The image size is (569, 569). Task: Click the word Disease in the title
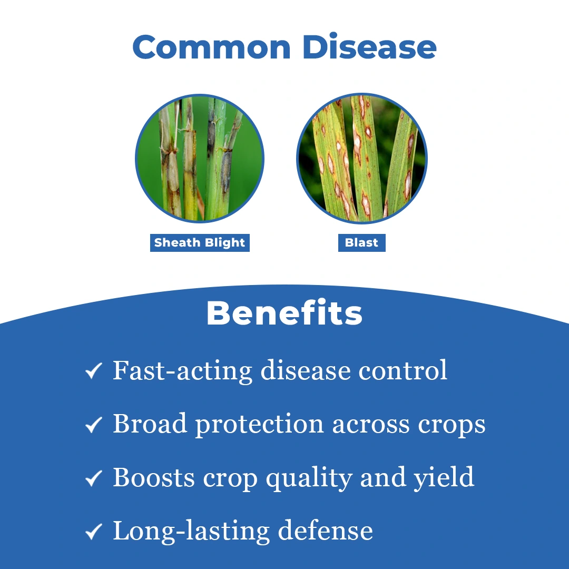pyautogui.click(x=369, y=46)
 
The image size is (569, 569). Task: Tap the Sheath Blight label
pyautogui.click(x=200, y=242)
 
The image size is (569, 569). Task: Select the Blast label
pyautogui.click(x=361, y=242)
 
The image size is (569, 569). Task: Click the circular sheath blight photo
pyautogui.click(x=200, y=159)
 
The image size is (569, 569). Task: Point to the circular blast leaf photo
pyautogui.click(x=362, y=159)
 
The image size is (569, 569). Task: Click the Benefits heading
pyautogui.click(x=284, y=313)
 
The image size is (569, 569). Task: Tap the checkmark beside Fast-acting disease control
pyautogui.click(x=94, y=370)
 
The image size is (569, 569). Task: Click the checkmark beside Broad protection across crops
pyautogui.click(x=94, y=424)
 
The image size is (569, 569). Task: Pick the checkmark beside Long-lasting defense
pyautogui.click(x=94, y=531)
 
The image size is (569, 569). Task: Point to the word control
pyautogui.click(x=403, y=370)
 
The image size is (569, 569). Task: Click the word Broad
pyautogui.click(x=150, y=423)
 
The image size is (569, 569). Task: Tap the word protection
pyautogui.click(x=259, y=425)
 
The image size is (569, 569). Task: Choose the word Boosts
pyautogui.click(x=154, y=477)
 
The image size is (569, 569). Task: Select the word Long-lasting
pyautogui.click(x=191, y=531)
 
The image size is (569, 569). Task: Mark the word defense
pyautogui.click(x=326, y=531)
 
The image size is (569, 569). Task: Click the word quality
pyautogui.click(x=309, y=478)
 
